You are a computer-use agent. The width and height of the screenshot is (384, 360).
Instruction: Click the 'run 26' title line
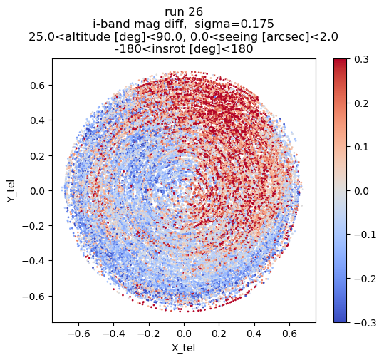click(184, 12)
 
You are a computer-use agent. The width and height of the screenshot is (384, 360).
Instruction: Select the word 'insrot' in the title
click(168, 49)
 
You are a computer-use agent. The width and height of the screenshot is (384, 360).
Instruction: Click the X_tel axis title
click(183, 348)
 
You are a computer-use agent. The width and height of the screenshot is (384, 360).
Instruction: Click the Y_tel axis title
click(11, 190)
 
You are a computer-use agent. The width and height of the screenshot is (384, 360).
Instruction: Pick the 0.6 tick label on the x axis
click(289, 334)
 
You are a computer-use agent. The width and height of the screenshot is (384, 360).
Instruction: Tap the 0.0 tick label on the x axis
click(184, 334)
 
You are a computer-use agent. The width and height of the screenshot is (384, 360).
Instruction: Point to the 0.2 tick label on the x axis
click(219, 334)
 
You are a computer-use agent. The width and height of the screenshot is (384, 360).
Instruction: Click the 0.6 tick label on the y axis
click(38, 86)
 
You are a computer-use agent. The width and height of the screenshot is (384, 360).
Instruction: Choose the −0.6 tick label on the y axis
click(33, 297)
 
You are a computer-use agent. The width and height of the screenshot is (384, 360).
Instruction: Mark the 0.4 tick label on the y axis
click(38, 120)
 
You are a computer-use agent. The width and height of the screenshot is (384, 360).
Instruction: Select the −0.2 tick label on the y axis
click(33, 226)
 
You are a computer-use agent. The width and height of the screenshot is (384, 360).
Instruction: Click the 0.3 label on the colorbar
click(361, 60)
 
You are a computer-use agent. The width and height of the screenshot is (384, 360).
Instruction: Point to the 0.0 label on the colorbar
click(361, 191)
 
